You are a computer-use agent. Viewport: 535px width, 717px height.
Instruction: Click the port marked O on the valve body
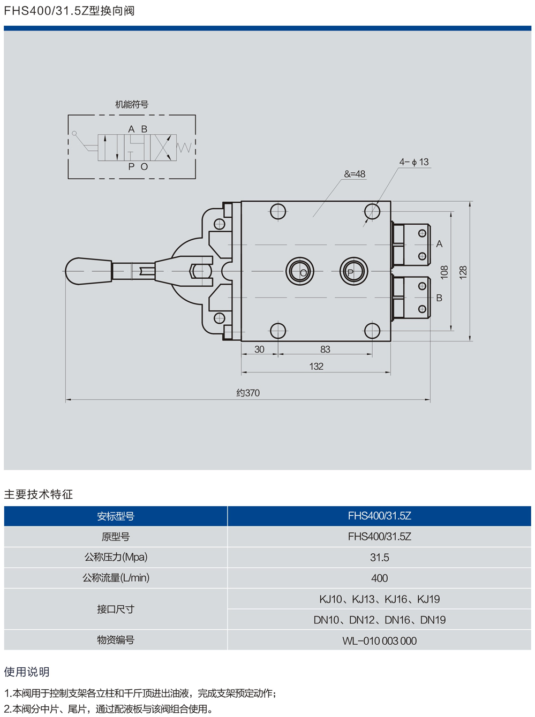pos(300,271)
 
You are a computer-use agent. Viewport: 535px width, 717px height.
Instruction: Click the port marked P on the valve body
pos(353,271)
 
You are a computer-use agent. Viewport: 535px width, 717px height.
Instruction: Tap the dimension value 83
pos(325,349)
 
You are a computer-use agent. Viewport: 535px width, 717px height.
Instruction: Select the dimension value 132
pos(316,367)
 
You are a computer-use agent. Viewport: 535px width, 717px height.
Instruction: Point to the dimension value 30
pos(259,349)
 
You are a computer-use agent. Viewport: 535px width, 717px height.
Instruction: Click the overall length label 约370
pos(248,393)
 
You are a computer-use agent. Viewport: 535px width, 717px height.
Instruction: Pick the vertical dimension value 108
pos(444,272)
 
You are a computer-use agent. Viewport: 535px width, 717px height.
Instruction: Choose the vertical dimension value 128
pos(463,272)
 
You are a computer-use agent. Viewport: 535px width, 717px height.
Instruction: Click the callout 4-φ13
pos(414,162)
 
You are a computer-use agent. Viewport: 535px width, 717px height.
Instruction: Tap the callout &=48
pos(355,174)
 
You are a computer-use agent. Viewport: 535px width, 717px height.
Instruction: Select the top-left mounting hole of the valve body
pos(278,211)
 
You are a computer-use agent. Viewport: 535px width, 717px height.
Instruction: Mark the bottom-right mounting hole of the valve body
pos(372,331)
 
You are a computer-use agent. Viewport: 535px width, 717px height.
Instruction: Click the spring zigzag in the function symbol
pos(184,147)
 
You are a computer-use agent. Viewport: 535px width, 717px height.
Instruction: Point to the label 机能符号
pos(132,104)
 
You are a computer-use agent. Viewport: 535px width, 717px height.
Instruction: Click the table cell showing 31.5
pos(379,558)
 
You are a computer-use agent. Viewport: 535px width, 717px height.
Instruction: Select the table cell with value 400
pos(379,578)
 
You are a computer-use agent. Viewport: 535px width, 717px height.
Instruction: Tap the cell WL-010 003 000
pos(379,640)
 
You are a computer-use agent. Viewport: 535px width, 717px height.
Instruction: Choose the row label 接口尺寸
pos(116,609)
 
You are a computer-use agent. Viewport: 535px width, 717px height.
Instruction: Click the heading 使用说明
pos(27,672)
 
